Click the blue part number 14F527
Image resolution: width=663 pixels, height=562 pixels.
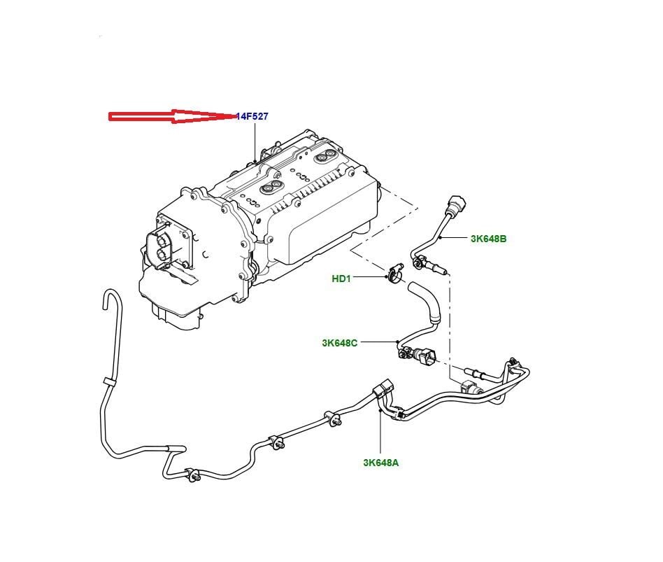(x=252, y=116)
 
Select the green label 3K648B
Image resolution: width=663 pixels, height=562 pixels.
(x=488, y=239)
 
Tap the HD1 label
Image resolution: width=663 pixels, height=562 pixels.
(x=341, y=279)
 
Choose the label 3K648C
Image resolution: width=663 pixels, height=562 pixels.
(x=340, y=343)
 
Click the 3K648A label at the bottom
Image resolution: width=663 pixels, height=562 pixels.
(x=381, y=463)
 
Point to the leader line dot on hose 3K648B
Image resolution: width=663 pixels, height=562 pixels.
(x=441, y=239)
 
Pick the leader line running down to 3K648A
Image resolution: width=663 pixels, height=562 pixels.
(x=380, y=434)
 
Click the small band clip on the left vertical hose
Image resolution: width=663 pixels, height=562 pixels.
(x=108, y=381)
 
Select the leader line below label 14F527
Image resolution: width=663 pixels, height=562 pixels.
(x=255, y=140)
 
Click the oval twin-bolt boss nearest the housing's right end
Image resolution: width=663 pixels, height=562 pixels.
(x=325, y=158)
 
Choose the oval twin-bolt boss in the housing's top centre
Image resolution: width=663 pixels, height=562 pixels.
(x=270, y=187)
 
